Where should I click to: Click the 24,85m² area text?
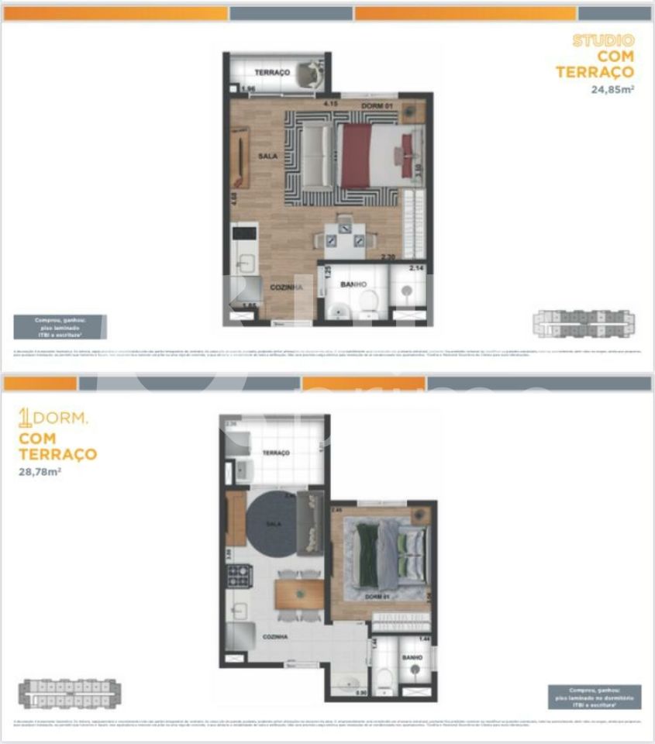612,89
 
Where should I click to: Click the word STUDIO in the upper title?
602,40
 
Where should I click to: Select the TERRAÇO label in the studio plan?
271,72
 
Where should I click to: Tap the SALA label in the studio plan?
268,156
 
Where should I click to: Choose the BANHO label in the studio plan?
353,284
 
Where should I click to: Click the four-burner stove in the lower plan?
237,574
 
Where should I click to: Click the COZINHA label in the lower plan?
275,636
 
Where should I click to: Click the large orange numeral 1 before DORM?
25,418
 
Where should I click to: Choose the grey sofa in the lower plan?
310,522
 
